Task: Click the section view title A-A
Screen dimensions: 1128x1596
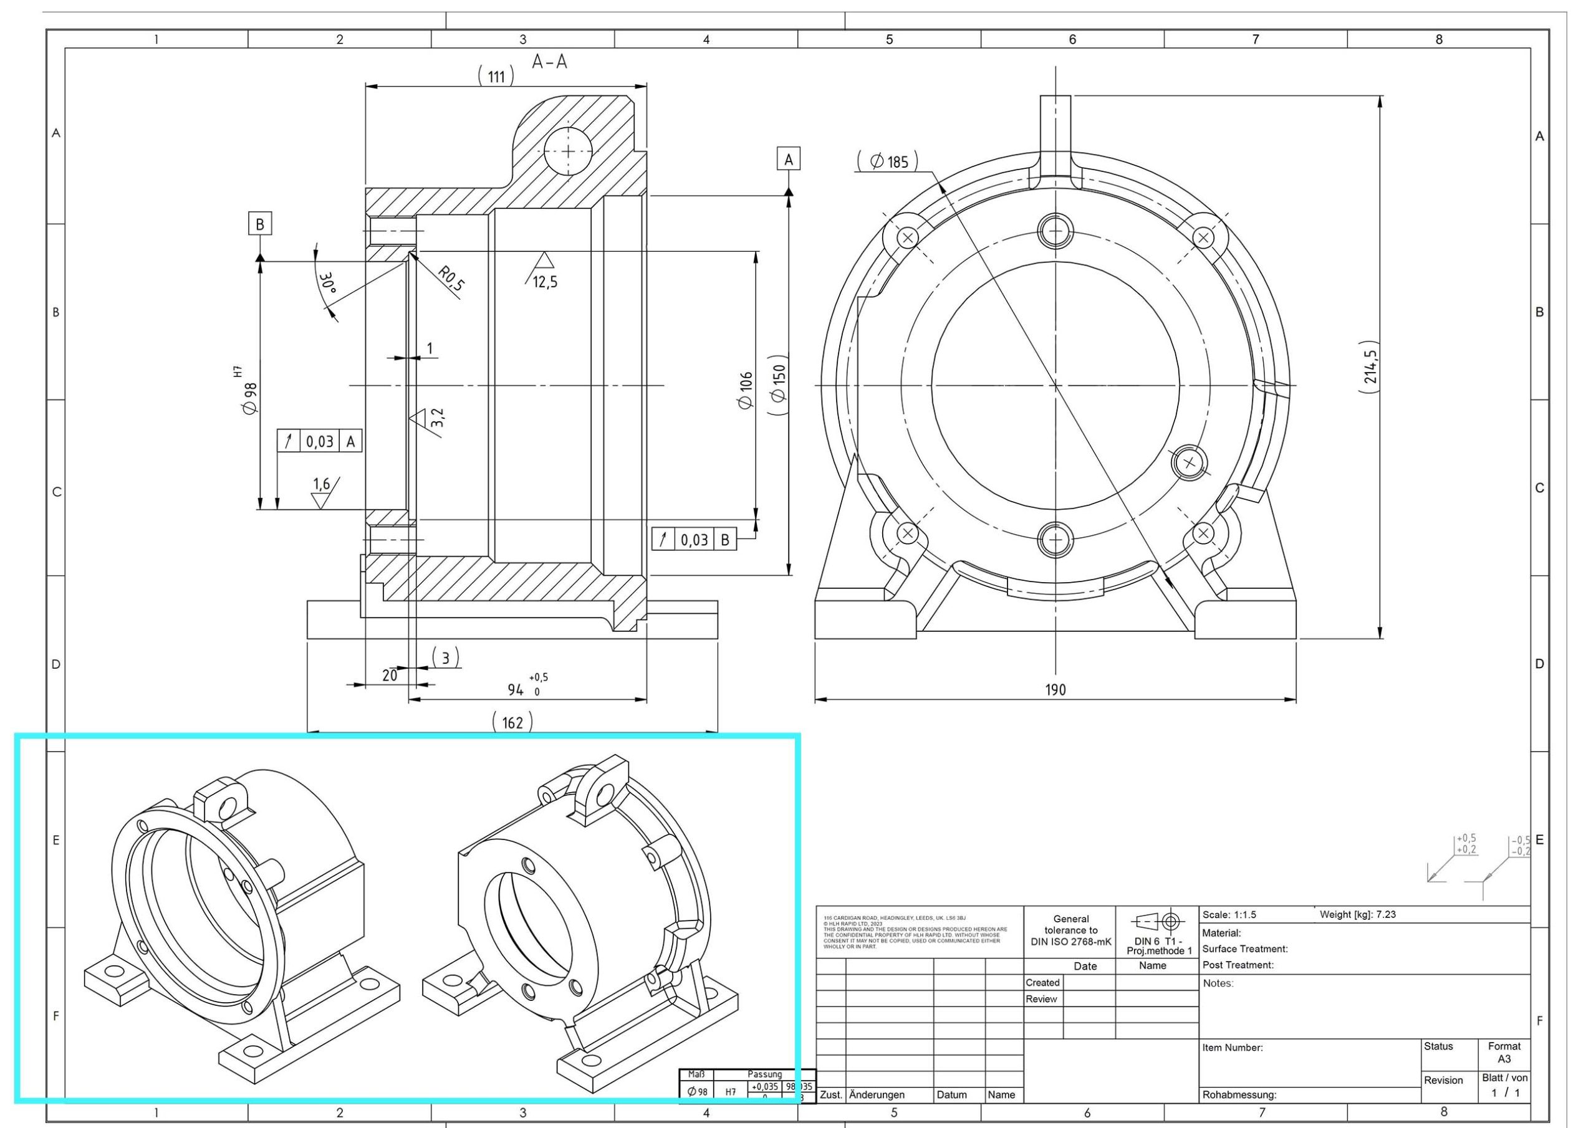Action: click(549, 62)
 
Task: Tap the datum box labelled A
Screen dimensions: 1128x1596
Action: click(788, 159)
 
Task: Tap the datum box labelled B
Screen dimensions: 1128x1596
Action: click(260, 224)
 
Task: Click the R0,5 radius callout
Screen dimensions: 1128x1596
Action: click(451, 278)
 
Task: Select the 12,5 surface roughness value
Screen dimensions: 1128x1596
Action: click(544, 282)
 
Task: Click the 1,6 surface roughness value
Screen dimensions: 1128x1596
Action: click(321, 484)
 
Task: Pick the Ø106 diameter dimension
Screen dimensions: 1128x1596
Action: click(746, 390)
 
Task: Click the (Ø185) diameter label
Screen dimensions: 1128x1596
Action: click(888, 162)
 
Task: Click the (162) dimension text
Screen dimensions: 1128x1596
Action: click(512, 722)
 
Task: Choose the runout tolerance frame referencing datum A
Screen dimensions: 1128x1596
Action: click(320, 441)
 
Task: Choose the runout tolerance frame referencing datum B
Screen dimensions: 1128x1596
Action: click(694, 539)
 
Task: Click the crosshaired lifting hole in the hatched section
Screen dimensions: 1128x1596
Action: click(568, 151)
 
